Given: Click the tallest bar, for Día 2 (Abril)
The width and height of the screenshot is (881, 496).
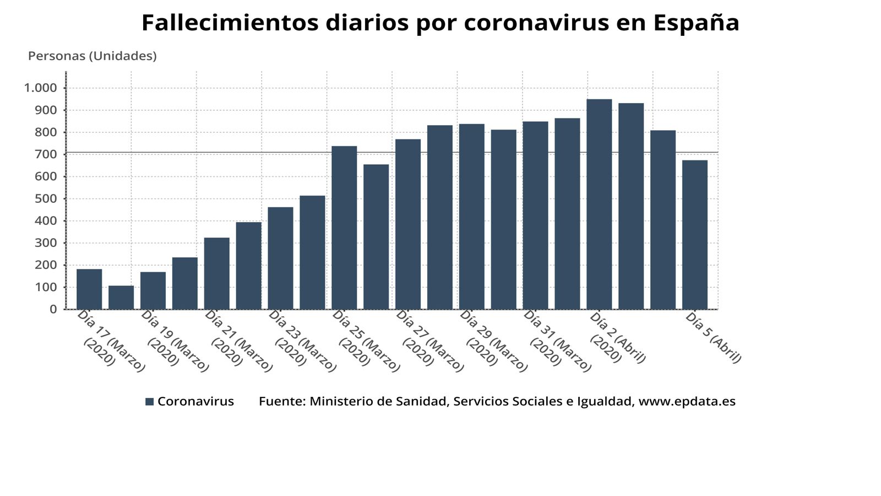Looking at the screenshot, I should [599, 204].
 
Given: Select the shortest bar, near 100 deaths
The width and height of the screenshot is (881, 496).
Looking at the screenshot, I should [121, 298].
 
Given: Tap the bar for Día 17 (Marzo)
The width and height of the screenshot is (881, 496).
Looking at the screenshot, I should [89, 289].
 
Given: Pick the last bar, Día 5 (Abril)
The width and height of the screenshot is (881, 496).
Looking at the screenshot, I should [695, 235].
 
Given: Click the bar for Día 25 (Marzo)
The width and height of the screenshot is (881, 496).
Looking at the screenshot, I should [344, 228].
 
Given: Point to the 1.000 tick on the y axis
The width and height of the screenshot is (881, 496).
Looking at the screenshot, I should [40, 88].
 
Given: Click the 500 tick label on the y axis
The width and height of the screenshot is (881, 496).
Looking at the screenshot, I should [46, 199].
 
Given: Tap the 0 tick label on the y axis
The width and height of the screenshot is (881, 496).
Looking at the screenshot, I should [53, 310].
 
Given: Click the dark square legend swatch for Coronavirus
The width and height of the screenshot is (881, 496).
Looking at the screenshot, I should [150, 402].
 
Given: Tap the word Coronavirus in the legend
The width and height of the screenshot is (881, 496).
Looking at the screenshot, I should [195, 402].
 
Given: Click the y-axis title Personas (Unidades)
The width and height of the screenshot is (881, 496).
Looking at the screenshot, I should [93, 56].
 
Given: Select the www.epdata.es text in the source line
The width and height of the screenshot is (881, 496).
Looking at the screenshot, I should [687, 402].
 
